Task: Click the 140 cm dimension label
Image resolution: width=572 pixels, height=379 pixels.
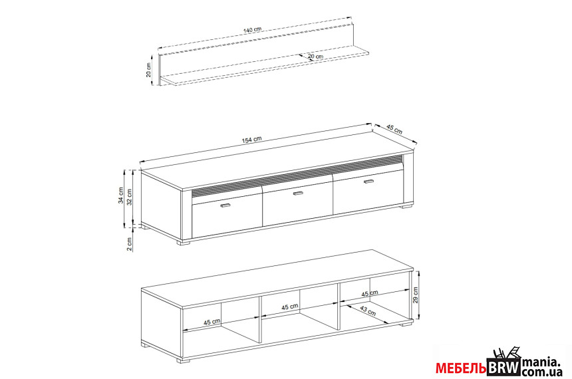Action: (x=252, y=29)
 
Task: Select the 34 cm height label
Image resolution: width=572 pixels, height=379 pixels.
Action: (x=121, y=195)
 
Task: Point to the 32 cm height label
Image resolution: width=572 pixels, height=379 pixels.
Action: (x=129, y=197)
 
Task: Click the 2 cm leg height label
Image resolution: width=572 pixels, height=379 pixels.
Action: (x=129, y=244)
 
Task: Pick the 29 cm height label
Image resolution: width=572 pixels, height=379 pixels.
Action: (x=416, y=295)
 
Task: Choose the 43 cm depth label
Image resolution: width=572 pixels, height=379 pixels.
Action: (x=368, y=311)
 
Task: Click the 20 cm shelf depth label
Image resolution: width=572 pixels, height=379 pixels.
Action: (x=315, y=57)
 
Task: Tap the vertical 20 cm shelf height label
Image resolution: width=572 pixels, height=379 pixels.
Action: (x=148, y=70)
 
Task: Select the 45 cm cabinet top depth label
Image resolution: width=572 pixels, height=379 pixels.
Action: (x=394, y=130)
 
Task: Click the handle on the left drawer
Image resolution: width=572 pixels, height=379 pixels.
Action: (x=226, y=205)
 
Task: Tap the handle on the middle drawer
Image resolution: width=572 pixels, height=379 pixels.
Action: (x=299, y=193)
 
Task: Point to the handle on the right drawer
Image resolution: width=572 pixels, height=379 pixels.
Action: (x=369, y=182)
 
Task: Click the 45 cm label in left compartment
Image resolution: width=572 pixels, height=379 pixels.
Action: (x=212, y=322)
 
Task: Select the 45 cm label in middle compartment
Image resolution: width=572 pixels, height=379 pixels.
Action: (x=290, y=307)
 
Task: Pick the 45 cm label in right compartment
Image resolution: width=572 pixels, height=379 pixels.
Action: (x=370, y=293)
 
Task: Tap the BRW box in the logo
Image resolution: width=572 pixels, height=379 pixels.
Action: (x=504, y=367)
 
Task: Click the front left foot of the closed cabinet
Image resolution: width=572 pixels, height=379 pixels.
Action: (x=184, y=242)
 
